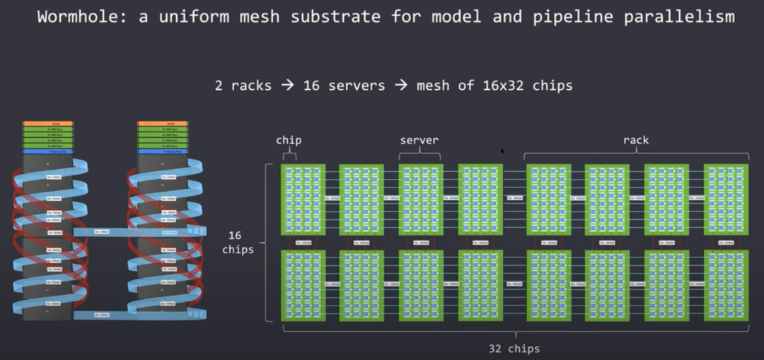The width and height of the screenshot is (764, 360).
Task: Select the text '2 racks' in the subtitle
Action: click(x=243, y=86)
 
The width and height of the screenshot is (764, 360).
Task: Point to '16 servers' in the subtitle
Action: click(x=345, y=86)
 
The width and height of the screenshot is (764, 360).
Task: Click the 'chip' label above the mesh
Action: click(x=289, y=140)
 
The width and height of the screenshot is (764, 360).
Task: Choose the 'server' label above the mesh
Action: click(x=419, y=140)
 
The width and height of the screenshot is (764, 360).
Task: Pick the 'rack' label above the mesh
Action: click(x=636, y=140)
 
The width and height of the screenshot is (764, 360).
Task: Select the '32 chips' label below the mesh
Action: click(x=514, y=348)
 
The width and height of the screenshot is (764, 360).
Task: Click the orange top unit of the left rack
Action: click(x=47, y=123)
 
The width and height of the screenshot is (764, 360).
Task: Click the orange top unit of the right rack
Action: click(x=163, y=123)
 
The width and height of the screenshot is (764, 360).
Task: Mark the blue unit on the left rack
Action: click(x=47, y=151)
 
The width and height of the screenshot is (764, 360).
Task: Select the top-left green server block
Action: click(x=303, y=199)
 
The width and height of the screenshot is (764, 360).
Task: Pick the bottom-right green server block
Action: click(x=726, y=285)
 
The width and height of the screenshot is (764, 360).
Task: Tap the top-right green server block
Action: click(x=726, y=199)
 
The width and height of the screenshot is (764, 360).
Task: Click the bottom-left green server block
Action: click(x=303, y=285)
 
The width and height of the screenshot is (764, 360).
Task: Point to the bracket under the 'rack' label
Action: click(x=636, y=154)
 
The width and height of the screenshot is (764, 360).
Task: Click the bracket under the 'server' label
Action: click(x=419, y=154)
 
